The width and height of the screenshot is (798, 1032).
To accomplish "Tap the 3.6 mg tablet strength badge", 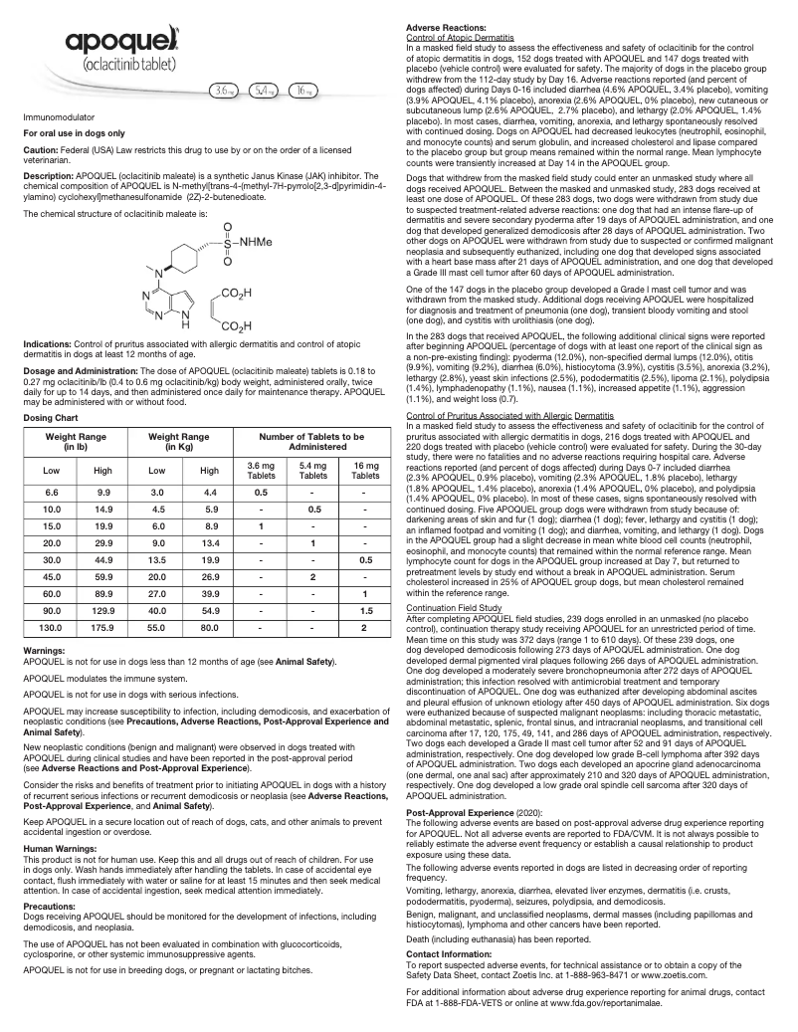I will (x=225, y=90).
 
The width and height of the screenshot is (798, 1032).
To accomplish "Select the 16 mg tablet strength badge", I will (x=301, y=90).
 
